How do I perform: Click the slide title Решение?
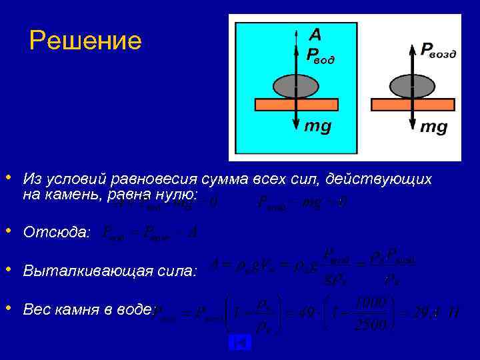[85, 41]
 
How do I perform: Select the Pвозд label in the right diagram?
[438, 51]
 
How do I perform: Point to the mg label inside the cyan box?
[317, 126]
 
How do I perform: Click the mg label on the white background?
[433, 127]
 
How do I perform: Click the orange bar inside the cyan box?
[297, 105]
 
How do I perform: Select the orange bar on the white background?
[413, 105]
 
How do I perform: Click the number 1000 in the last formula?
[371, 303]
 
